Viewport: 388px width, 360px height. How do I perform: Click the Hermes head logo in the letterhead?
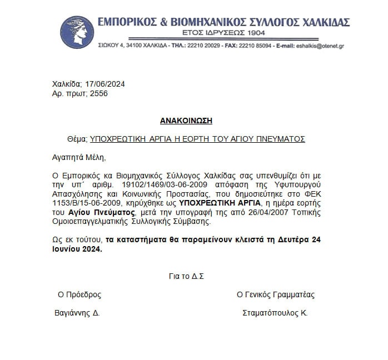pos(78,32)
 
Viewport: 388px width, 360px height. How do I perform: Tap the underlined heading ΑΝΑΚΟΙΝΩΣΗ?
pos(186,121)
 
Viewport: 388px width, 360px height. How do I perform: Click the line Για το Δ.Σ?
pos(186,276)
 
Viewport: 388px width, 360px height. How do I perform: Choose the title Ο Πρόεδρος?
pos(79,294)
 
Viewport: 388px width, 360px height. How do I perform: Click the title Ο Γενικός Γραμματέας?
pos(276,294)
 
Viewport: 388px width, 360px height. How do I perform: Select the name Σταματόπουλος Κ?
pos(275,313)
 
